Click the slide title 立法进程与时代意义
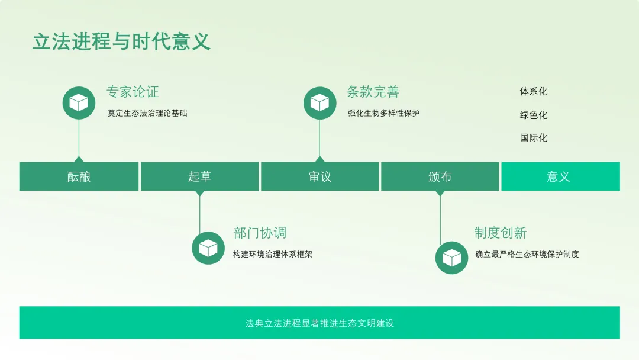tap(121, 42)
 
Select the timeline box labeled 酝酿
tap(79, 176)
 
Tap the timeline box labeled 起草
tap(199, 176)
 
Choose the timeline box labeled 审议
tap(319, 176)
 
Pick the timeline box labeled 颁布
tap(440, 176)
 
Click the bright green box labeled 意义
tap(560, 176)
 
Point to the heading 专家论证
tap(133, 92)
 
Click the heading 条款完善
tap(373, 92)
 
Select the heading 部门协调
tap(260, 233)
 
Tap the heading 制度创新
tap(500, 233)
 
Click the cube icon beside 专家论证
tap(79, 103)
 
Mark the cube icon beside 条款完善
tap(319, 103)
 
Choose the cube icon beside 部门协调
tap(208, 247)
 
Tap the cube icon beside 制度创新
tap(451, 258)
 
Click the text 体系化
tap(534, 92)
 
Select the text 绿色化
tap(534, 115)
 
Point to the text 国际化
tap(534, 138)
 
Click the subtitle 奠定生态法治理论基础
tap(147, 113)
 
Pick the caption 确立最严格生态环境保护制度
tap(527, 255)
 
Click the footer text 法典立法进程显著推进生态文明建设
tap(319, 323)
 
